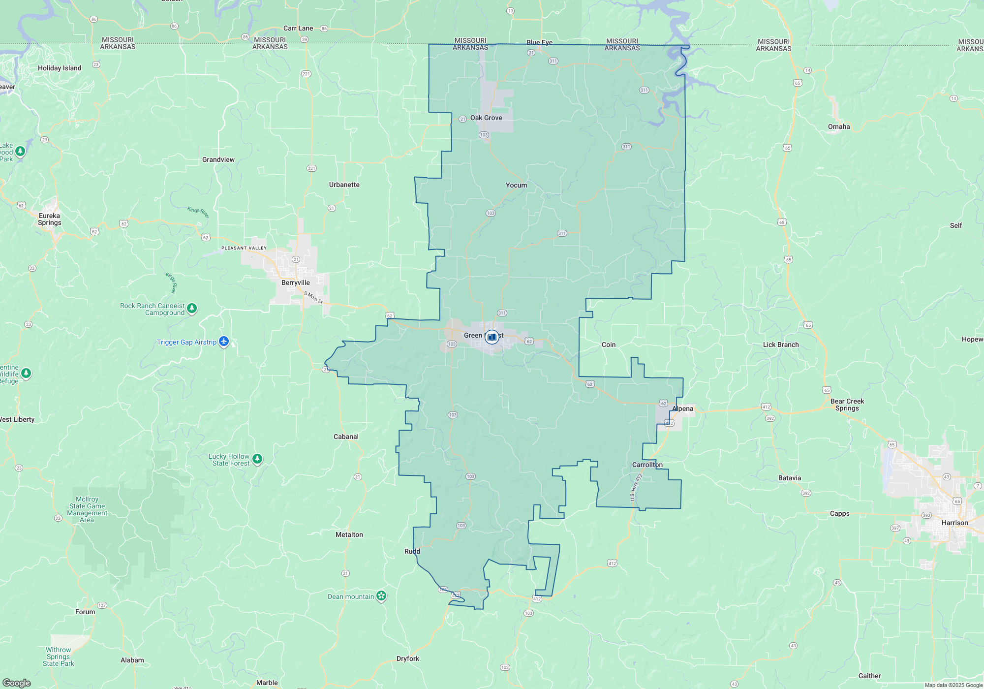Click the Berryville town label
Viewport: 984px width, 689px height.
tap(296, 282)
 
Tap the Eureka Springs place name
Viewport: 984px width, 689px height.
tap(50, 219)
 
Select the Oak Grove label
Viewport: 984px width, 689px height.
tap(486, 118)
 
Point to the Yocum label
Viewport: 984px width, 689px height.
tap(516, 185)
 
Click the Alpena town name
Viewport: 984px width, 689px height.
tap(682, 408)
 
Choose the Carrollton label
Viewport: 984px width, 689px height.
tap(647, 465)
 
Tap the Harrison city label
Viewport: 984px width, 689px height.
tap(954, 523)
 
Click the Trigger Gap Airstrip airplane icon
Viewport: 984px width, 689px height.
tap(224, 341)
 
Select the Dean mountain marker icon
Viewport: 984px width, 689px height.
tap(381, 596)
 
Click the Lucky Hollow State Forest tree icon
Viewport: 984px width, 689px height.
tap(257, 459)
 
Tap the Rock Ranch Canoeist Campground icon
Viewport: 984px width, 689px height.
tap(192, 308)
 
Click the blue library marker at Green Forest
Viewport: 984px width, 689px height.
tap(492, 337)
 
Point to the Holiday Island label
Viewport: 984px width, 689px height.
tap(60, 68)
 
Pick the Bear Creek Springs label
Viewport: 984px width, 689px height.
tap(847, 405)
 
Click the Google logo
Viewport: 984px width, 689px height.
tap(17, 683)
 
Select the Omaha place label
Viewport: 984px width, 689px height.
tap(838, 126)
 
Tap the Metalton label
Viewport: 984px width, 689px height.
tap(349, 534)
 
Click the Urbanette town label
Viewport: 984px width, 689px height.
tap(344, 185)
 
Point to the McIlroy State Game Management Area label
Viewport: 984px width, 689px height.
tap(87, 509)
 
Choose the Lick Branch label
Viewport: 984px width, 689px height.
tap(780, 344)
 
